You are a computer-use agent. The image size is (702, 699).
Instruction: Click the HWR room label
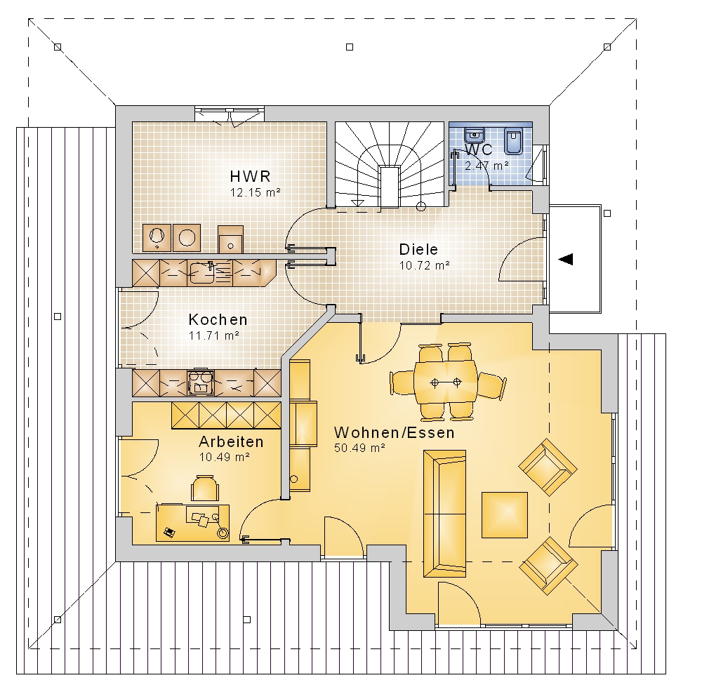[251, 176]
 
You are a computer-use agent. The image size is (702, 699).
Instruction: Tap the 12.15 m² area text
[256, 192]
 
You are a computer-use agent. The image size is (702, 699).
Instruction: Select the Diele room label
[418, 249]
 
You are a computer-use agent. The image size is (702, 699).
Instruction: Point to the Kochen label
[218, 319]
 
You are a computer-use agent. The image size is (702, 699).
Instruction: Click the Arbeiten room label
[231, 441]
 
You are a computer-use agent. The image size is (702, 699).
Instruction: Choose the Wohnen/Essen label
[395, 432]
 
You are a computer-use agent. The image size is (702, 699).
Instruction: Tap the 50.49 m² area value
[359, 448]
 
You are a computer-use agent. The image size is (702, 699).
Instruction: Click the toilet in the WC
[514, 140]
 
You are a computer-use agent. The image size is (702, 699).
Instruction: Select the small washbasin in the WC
[475, 135]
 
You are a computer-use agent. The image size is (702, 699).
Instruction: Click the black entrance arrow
[566, 259]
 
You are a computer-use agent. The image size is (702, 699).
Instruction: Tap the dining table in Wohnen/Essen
[446, 382]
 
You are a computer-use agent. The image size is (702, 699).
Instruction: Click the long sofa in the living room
[444, 513]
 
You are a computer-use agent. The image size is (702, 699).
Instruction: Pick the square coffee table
[505, 514]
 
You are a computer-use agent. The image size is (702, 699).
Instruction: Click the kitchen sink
[202, 273]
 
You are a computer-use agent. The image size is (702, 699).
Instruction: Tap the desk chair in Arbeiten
[205, 488]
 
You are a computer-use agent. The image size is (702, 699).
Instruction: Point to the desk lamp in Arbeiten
[221, 529]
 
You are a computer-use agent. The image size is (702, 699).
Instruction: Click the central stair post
[389, 186]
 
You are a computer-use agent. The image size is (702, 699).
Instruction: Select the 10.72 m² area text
[425, 265]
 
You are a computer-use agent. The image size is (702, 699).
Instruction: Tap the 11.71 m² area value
[213, 335]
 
